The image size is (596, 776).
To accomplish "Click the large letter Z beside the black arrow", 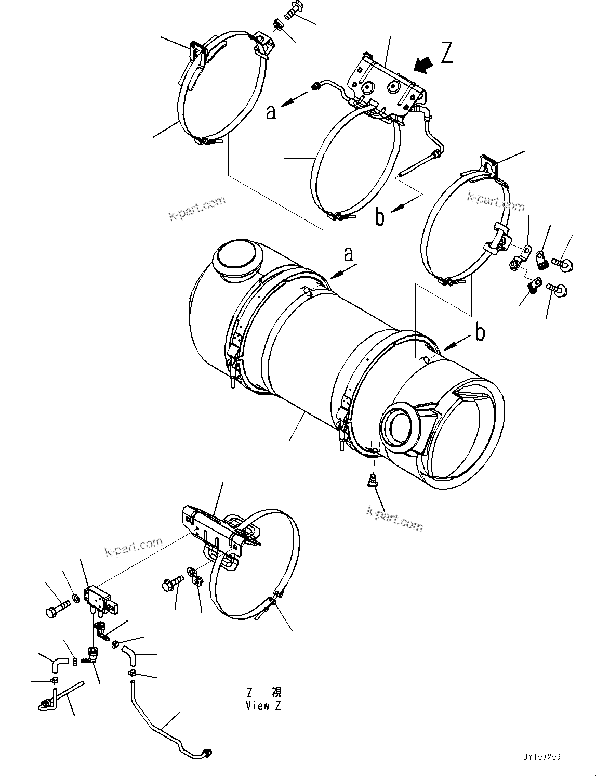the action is click(x=446, y=53).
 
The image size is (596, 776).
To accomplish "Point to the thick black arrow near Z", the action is click(x=423, y=66).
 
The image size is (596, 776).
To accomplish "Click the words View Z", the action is click(x=263, y=706).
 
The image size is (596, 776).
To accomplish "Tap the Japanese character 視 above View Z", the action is click(x=276, y=692).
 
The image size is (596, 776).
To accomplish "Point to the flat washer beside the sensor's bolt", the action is click(x=76, y=598).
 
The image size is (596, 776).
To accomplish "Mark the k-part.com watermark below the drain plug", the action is click(x=394, y=520).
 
